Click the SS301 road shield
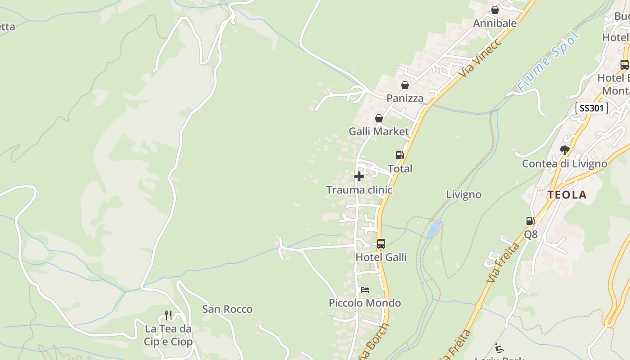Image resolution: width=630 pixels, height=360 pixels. click(592, 108)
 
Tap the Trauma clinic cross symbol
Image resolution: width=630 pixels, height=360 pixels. click(359, 176)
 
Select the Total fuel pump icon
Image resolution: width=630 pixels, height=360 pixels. click(400, 155)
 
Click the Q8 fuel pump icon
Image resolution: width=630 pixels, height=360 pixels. click(531, 221)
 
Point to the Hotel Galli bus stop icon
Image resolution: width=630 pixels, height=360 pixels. click(381, 244)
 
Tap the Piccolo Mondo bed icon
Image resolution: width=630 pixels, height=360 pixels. click(365, 290)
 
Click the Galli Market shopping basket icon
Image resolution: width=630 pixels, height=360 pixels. click(379, 118)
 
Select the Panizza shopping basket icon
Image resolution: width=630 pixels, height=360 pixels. click(405, 85)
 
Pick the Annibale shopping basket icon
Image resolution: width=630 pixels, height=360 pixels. click(495, 10)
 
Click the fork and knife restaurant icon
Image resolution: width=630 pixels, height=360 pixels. click(168, 315)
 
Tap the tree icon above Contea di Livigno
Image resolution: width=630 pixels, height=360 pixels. click(565, 150)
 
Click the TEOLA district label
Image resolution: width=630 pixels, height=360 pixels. click(567, 195)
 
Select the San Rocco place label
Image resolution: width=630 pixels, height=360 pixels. click(227, 309)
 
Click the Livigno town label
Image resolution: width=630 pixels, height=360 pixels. click(463, 194)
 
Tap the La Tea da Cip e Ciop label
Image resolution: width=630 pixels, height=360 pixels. click(168, 335)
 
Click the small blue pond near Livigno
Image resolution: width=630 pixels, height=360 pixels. click(434, 229)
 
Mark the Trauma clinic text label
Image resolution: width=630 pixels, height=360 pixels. click(359, 190)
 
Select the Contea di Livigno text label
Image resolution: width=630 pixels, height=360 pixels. click(564, 164)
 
